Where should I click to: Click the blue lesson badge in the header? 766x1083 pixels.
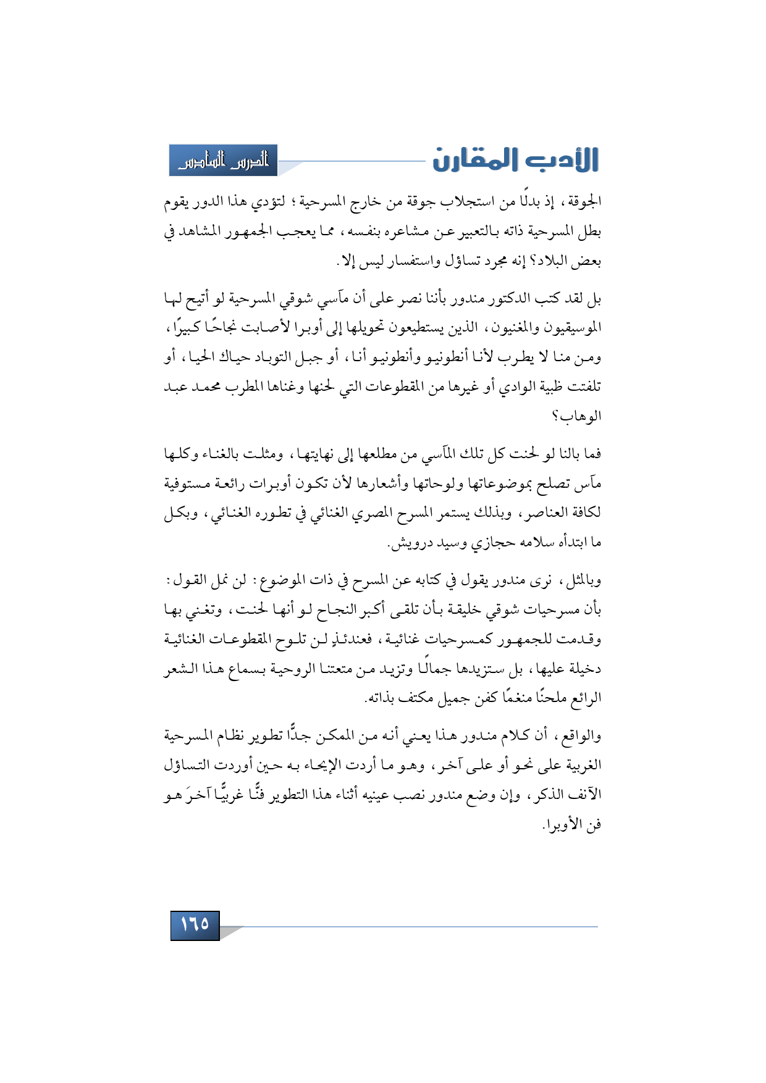coord(224,161)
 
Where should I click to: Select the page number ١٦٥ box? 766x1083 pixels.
coord(195,925)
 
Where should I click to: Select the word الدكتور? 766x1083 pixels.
coord(518,299)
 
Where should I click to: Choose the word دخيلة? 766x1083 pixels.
coord(584,669)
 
